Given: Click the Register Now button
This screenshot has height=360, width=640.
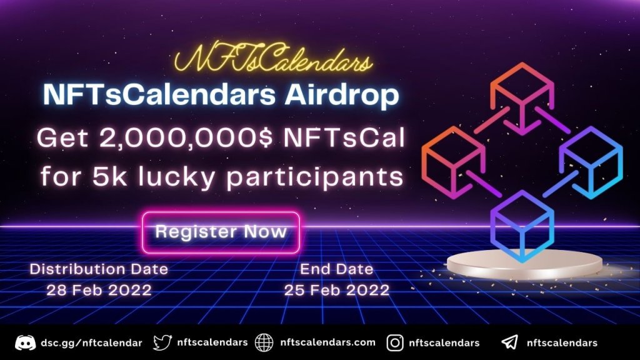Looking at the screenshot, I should (221, 232).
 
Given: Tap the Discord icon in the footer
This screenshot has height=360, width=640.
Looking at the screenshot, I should (26, 342).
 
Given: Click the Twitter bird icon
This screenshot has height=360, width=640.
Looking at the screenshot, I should (162, 342).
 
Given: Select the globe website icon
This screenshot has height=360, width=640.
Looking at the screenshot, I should (264, 342).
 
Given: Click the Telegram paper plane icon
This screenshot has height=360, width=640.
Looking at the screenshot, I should (509, 342).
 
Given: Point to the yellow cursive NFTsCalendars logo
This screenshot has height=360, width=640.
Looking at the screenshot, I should (272, 61).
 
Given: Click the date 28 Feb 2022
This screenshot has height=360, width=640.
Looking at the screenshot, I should (99, 291).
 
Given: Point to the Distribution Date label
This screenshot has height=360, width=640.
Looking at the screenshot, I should (99, 269).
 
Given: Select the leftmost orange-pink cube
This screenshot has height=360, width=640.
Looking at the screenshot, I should (454, 159).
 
